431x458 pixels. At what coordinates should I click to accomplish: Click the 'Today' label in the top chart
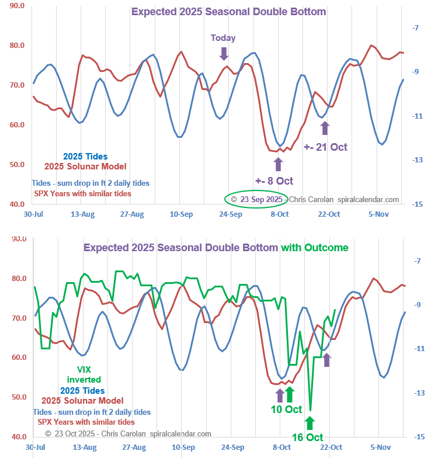coord(223,38)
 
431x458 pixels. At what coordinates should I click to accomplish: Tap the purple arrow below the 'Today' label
coord(223,53)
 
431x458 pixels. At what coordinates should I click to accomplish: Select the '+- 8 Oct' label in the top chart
coord(274,181)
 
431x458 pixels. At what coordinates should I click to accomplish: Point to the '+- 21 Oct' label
coord(325,147)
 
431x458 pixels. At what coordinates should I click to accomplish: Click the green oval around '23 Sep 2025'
coord(256,199)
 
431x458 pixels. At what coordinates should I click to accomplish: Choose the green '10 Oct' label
coord(286,409)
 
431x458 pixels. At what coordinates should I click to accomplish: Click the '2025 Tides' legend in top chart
coord(85,157)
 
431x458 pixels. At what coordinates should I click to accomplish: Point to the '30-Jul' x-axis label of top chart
coord(33,214)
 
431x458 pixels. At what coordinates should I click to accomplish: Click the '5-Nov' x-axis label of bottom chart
coord(379,447)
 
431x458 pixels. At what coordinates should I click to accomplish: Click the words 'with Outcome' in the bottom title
coord(315,247)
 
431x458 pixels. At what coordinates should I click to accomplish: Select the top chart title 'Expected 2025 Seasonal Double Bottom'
coord(228,11)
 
